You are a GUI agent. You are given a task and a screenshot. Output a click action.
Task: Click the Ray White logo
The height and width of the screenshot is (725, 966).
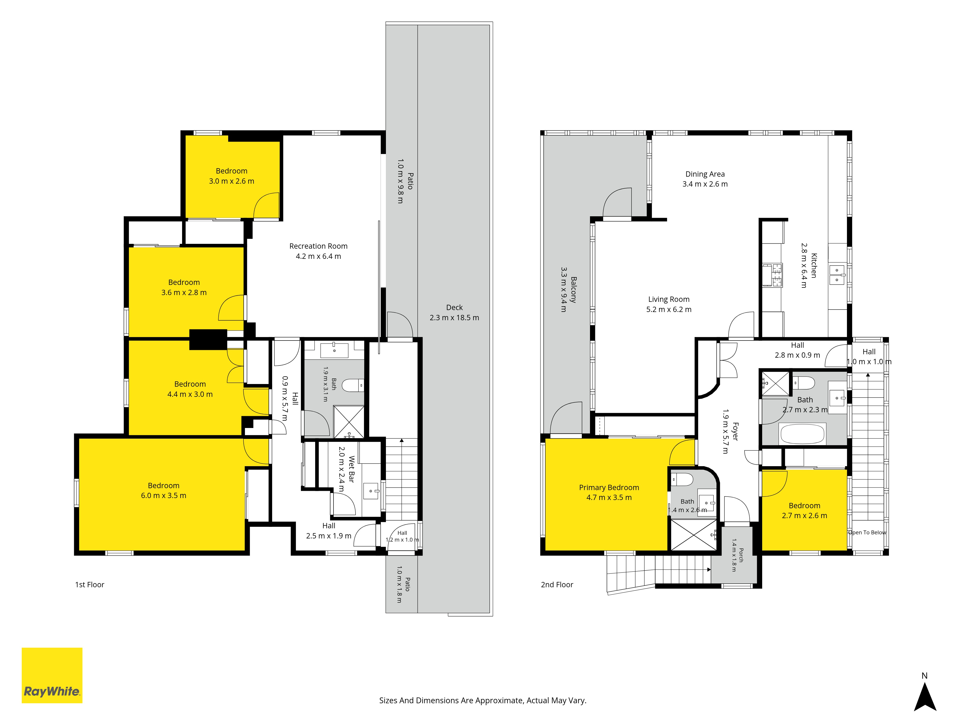coord(52,675)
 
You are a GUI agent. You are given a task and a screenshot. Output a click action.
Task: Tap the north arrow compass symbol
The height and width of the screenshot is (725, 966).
coord(925,697)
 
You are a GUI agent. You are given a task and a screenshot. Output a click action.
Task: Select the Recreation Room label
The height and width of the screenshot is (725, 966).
coord(318,246)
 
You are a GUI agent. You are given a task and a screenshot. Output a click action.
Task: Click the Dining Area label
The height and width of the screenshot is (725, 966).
coord(705,174)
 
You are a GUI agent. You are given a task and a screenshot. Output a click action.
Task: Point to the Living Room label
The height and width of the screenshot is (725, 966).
coord(669,299)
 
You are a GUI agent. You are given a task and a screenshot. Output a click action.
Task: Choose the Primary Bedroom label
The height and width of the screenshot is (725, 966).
coord(609,487)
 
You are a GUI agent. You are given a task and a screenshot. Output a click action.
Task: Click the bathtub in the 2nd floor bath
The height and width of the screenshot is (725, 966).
coord(802,434)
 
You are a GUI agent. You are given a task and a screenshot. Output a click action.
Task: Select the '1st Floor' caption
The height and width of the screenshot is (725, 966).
coord(90,585)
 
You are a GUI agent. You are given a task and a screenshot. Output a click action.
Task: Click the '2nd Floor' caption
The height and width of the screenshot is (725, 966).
coord(557,585)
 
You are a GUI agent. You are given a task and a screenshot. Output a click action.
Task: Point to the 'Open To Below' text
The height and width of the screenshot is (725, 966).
coord(867,532)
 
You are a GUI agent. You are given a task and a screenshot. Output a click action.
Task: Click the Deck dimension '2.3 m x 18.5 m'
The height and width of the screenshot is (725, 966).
coord(454,318)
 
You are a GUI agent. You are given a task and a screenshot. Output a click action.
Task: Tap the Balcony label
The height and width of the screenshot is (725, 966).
coord(573,290)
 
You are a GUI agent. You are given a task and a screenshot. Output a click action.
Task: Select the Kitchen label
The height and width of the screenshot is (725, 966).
coord(814,265)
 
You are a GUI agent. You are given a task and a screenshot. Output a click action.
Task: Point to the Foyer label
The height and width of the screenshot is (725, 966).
coord(735,431)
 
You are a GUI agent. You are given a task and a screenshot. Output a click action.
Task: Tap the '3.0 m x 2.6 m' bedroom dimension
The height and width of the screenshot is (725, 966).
coord(231,181)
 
